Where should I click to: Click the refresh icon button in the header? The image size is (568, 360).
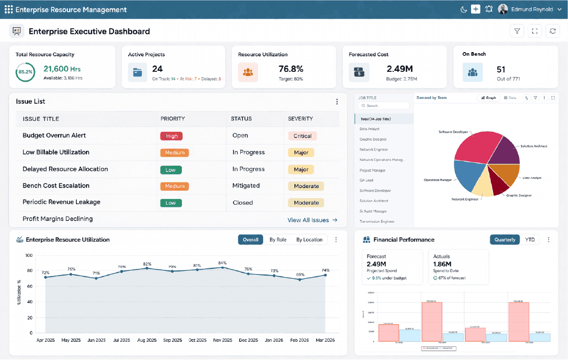(552, 31)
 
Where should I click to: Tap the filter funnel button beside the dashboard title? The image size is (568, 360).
(517, 31)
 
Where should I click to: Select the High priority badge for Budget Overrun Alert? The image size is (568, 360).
(171, 136)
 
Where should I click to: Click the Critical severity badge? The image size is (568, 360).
(302, 136)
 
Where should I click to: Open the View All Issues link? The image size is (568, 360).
(312, 220)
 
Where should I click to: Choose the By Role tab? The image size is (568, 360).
(278, 240)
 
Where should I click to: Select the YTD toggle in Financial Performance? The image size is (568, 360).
(530, 240)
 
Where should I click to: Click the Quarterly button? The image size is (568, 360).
(505, 240)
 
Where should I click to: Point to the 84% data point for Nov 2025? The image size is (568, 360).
(223, 267)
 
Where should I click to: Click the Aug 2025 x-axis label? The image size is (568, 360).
(147, 340)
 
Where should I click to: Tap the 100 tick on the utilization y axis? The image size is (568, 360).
(29, 256)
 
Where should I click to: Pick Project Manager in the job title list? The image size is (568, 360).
(373, 170)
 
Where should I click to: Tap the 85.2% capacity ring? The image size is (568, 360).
(25, 72)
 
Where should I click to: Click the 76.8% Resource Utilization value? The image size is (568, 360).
(291, 69)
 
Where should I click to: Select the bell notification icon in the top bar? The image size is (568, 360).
(489, 9)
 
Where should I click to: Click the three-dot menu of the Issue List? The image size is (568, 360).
(337, 102)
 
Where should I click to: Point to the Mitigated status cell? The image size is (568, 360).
(246, 185)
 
